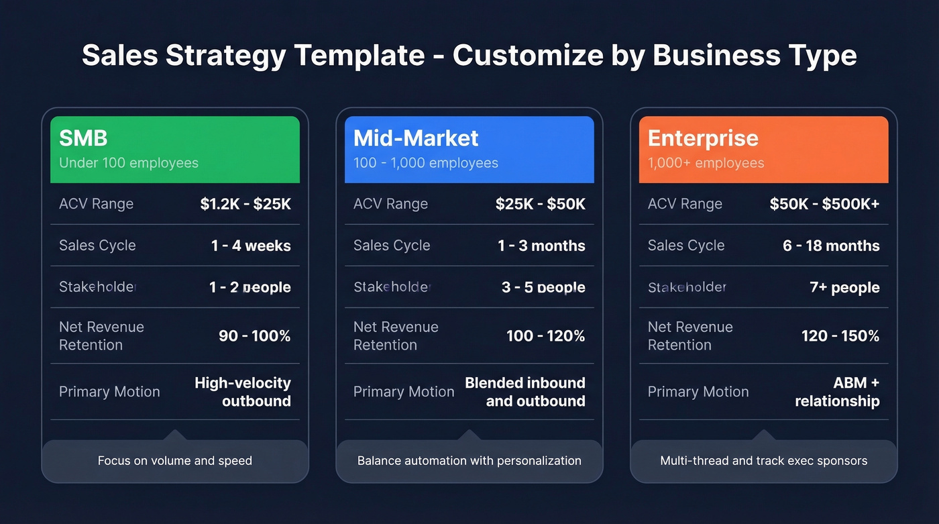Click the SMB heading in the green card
tap(83, 138)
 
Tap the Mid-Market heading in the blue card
tap(416, 138)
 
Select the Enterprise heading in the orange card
tap(703, 138)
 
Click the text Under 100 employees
tap(129, 163)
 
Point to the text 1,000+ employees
tap(706, 163)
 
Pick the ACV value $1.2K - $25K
tap(245, 204)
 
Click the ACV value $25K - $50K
tap(540, 204)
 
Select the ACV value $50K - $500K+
tap(824, 204)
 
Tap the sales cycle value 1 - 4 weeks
tap(251, 246)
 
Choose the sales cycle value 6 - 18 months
tap(831, 246)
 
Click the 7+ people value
tap(844, 288)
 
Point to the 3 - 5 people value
tap(543, 288)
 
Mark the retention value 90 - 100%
tap(254, 336)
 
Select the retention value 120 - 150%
tap(840, 336)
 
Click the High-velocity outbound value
tap(243, 392)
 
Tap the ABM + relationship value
tap(838, 392)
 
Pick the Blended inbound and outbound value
tap(525, 392)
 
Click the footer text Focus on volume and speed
tap(175, 461)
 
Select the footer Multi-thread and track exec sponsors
tap(763, 461)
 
